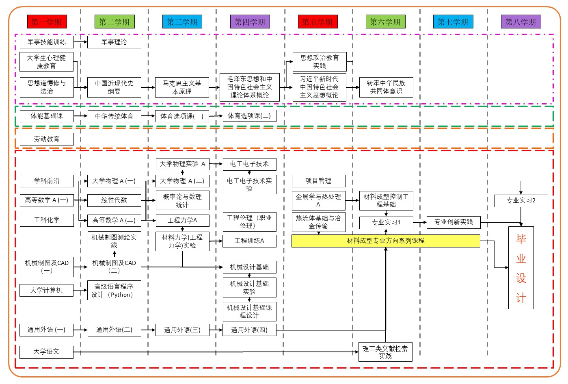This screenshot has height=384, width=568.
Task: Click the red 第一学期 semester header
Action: click(x=47, y=22)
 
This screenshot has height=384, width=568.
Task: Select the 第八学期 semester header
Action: click(x=520, y=22)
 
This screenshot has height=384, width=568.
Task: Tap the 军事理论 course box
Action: click(x=114, y=42)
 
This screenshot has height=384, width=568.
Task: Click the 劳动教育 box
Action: click(x=47, y=139)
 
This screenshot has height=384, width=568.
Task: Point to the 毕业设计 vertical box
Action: click(x=521, y=268)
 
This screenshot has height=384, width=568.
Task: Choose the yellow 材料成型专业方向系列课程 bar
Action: click(x=386, y=241)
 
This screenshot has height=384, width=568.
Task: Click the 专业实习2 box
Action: click(x=521, y=200)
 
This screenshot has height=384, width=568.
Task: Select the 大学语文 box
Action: click(x=47, y=352)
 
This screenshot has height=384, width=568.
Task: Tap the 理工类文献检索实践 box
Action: click(x=385, y=352)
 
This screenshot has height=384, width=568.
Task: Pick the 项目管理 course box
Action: click(x=318, y=181)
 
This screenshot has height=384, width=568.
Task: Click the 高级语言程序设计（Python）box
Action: click(x=114, y=290)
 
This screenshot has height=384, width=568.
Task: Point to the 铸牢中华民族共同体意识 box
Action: click(x=386, y=87)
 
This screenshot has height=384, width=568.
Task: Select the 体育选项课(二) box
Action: click(x=249, y=116)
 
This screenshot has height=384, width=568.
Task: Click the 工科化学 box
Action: click(x=47, y=220)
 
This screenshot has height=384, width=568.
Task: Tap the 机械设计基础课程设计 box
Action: click(x=249, y=311)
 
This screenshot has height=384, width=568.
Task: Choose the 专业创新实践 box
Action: click(x=454, y=222)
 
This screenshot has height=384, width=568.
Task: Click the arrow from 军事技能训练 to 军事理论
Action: click(x=80, y=42)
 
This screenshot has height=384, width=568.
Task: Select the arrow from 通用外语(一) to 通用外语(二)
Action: click(x=80, y=330)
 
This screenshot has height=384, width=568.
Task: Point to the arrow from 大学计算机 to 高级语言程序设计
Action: click(x=80, y=290)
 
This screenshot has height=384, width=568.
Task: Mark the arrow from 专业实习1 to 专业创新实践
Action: click(x=420, y=222)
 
